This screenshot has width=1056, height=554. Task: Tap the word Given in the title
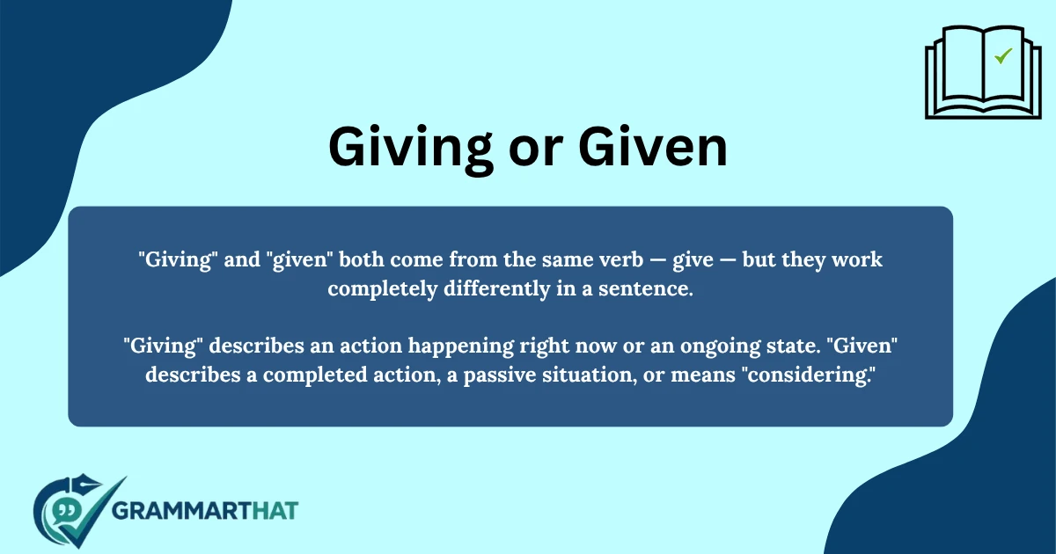pyautogui.click(x=654, y=148)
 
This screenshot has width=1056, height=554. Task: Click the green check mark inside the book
pyautogui.click(x=1002, y=57)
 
